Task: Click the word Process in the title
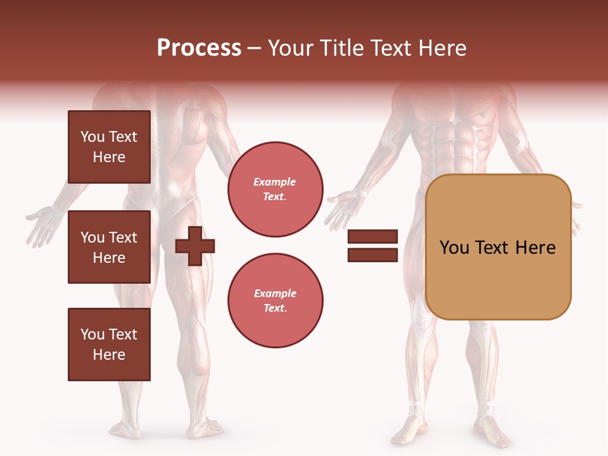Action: (x=199, y=48)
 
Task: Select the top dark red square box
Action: (x=109, y=147)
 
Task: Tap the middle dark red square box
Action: (x=109, y=247)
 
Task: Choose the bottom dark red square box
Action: (x=109, y=345)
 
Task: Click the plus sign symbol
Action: (x=195, y=246)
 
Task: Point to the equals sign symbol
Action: (x=372, y=246)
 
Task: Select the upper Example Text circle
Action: (x=275, y=189)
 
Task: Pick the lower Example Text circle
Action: (x=275, y=301)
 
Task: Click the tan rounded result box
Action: (x=498, y=247)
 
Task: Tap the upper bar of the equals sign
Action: (x=372, y=237)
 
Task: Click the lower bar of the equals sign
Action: (x=372, y=255)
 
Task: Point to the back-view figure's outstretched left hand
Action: (x=41, y=225)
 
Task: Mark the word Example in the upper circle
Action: (x=275, y=182)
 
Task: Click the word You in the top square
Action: (x=92, y=137)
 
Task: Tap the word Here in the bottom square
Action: (x=109, y=355)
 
